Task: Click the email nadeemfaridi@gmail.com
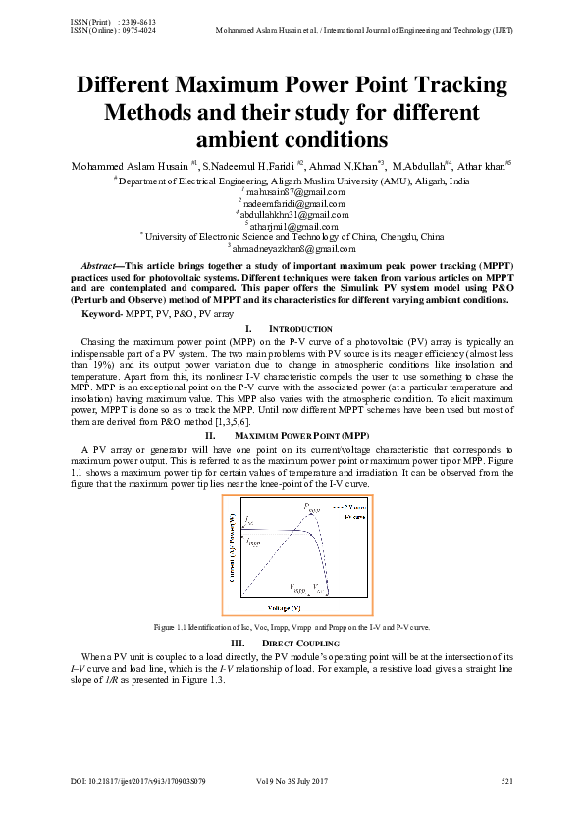292,202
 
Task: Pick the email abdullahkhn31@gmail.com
292,214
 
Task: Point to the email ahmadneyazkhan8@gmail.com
292,248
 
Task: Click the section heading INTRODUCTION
300,328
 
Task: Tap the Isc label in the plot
250,520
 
